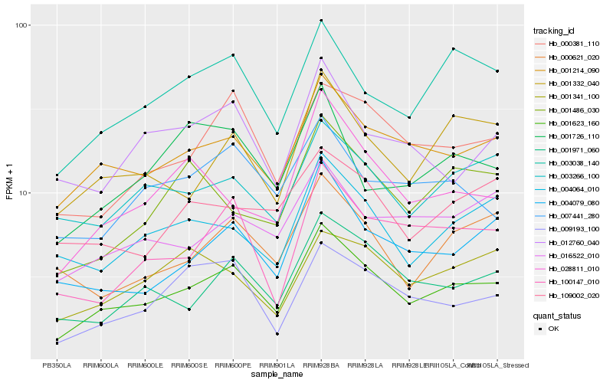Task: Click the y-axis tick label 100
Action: (22, 25)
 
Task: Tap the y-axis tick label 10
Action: (25, 193)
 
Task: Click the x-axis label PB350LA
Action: (57, 365)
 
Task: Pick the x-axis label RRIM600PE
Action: (233, 365)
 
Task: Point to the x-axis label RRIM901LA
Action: (277, 365)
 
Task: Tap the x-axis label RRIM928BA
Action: (321, 365)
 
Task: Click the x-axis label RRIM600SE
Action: (188, 365)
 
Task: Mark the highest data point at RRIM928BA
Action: (321, 20)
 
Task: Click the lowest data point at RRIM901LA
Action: (277, 334)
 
